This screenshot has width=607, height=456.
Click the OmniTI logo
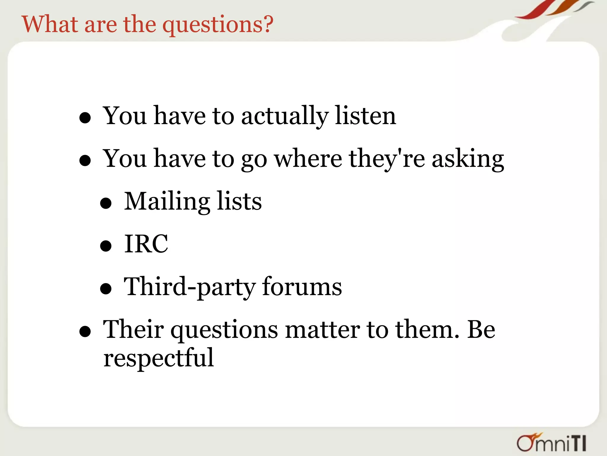point(551,443)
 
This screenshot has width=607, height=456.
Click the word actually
point(285,116)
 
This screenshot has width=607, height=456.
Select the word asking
point(468,159)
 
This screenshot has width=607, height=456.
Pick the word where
point(308,159)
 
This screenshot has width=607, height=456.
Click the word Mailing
point(167,202)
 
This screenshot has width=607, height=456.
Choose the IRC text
point(146,244)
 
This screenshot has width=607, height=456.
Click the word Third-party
point(190,287)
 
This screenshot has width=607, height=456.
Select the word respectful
point(159,358)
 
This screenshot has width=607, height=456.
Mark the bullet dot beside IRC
point(106,246)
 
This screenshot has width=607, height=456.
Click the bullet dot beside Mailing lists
point(106,203)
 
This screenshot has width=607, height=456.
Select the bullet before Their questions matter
point(85,332)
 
